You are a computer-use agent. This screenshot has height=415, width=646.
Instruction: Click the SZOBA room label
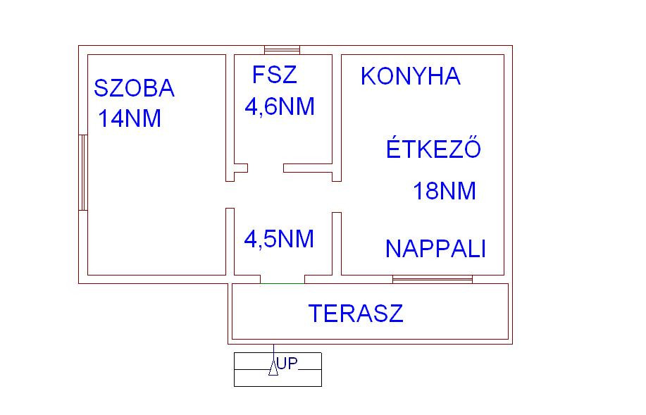[x=134, y=89]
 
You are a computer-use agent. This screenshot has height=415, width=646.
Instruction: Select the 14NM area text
[x=130, y=119]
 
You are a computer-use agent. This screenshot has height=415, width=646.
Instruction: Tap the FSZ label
[x=274, y=75]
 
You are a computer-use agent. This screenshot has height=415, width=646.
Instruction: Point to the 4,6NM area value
[x=279, y=107]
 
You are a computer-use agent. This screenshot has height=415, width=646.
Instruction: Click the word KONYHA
[x=410, y=76]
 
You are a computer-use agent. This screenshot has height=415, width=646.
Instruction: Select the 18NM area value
[x=444, y=191]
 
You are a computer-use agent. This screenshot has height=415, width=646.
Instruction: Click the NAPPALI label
[x=435, y=249]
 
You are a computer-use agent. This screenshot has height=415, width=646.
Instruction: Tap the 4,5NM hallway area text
[x=278, y=239]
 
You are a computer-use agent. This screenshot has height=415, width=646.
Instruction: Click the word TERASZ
[x=356, y=313]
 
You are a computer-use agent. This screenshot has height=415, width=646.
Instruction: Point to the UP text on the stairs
[x=287, y=364]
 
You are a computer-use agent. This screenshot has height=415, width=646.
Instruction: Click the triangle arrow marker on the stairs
[x=273, y=368]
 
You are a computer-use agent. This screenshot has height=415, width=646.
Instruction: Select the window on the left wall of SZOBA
[x=82, y=172]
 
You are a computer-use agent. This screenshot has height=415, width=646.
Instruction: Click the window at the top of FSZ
[x=282, y=50]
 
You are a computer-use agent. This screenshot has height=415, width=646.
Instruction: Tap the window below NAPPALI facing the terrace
[x=432, y=279]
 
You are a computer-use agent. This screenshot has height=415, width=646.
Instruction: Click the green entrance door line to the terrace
[x=282, y=283]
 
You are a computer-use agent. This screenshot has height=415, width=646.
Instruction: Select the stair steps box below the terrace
[x=278, y=369]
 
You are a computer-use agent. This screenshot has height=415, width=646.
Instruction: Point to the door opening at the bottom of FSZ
[x=266, y=168]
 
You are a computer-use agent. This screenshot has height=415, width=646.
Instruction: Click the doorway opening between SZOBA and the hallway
[x=229, y=194]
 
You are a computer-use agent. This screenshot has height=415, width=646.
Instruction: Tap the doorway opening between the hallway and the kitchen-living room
[x=337, y=197]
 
